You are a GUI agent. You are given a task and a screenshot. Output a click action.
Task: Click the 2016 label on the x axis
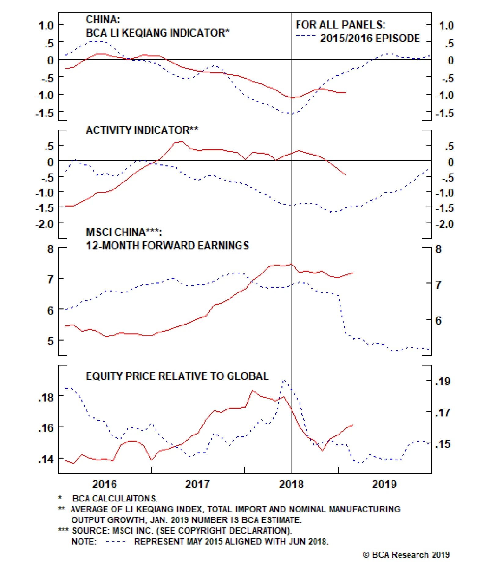point(105,484)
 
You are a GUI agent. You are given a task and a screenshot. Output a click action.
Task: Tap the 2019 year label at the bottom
point(384,484)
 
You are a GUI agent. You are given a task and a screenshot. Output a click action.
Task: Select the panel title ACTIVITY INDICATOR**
point(142,130)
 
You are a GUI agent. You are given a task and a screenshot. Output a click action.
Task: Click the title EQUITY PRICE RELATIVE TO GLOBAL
point(177,376)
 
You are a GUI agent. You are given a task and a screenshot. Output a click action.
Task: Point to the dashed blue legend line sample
point(306,36)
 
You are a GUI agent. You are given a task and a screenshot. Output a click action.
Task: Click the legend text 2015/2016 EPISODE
point(370,39)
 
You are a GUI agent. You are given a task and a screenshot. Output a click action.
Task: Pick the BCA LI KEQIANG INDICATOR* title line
point(157,33)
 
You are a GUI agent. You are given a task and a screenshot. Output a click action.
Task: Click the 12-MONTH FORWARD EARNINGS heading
point(167,246)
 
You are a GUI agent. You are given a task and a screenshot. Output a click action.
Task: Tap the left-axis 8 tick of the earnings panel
point(50,249)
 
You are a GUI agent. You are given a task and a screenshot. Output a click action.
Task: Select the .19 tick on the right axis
point(443,382)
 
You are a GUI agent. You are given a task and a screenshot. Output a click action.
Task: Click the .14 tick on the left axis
point(46,459)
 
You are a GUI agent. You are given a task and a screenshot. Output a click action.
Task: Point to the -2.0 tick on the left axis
point(45,224)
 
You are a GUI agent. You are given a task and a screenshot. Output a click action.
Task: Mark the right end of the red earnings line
point(353,273)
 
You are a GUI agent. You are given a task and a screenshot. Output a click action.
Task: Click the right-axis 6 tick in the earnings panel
point(438,321)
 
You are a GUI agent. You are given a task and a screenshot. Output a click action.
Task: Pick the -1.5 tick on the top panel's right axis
point(445,113)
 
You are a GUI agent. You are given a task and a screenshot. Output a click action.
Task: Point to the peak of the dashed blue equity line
point(284,380)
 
